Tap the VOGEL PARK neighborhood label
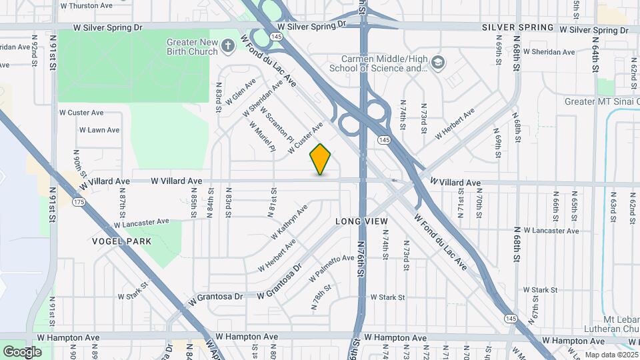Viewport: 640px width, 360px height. (x=122, y=241)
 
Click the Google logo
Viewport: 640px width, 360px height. (x=22, y=351)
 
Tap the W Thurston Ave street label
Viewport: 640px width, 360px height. (x=86, y=5)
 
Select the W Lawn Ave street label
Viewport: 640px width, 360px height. (x=99, y=130)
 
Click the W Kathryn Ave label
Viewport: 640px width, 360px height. (x=289, y=222)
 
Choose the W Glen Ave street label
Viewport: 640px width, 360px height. (x=241, y=92)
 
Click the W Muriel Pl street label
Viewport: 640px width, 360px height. (x=262, y=136)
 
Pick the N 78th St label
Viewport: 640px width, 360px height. (x=321, y=298)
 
